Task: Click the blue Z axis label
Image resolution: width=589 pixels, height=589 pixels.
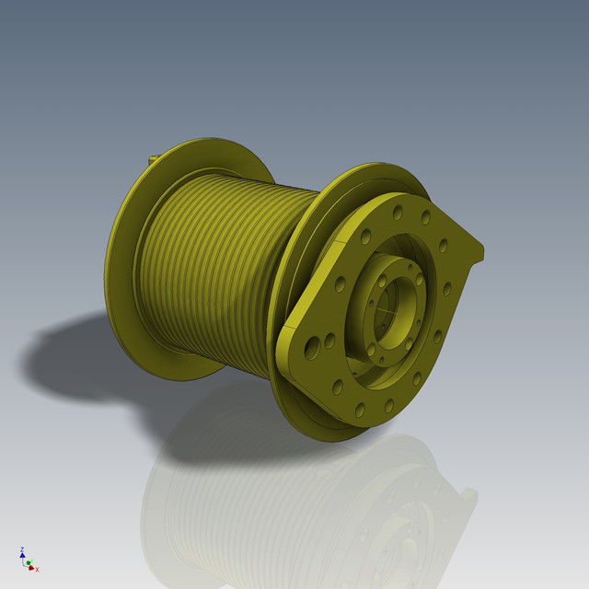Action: [x=20, y=549]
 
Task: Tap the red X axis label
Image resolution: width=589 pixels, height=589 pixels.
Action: [x=37, y=569]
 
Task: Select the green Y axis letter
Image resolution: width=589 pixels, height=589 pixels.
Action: [x=29, y=560]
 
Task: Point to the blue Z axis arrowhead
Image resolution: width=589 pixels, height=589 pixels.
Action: [x=21, y=555]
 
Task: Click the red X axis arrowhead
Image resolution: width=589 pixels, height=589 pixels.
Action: [x=32, y=567]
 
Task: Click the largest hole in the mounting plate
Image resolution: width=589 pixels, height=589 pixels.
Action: [x=313, y=346]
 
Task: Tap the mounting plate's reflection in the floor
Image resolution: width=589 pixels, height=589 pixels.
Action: [x=414, y=515]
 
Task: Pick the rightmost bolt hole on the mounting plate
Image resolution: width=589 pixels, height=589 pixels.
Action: [x=448, y=288]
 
